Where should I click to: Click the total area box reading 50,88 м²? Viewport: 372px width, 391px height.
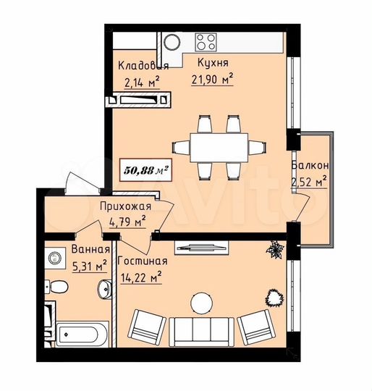[145, 170]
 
